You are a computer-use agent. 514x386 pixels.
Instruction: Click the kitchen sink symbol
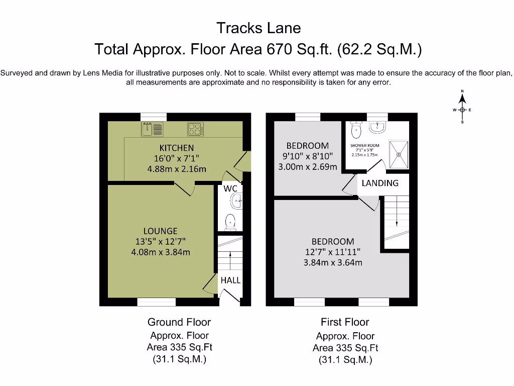pyautogui.click(x=152, y=129)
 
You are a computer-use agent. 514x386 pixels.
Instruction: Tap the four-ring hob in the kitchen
pyautogui.click(x=195, y=129)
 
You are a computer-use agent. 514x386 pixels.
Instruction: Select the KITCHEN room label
pyautogui.click(x=177, y=148)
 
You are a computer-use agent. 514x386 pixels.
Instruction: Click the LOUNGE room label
pyautogui.click(x=160, y=231)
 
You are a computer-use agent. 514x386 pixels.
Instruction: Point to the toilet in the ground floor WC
pyautogui.click(x=230, y=222)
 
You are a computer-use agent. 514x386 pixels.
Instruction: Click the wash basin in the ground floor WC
pyautogui.click(x=237, y=201)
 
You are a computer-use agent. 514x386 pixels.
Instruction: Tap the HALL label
pyautogui.click(x=230, y=280)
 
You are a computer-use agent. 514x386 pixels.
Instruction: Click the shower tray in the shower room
pyautogui.click(x=399, y=154)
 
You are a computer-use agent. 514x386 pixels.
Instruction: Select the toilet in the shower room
pyautogui.click(x=356, y=129)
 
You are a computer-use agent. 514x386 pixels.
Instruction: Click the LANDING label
pyautogui.click(x=380, y=183)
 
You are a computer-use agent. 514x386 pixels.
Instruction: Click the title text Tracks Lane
pyautogui.click(x=259, y=28)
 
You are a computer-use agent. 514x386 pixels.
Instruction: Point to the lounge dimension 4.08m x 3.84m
pyautogui.click(x=161, y=252)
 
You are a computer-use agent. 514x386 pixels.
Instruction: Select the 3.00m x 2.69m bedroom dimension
pyautogui.click(x=308, y=167)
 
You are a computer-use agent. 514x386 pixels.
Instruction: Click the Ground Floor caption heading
pyautogui.click(x=179, y=322)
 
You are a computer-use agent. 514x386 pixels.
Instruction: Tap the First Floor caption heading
pyautogui.click(x=345, y=322)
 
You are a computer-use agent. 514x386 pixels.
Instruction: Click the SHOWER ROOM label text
pyautogui.click(x=364, y=145)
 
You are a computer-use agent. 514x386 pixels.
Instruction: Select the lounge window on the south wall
pyautogui.click(x=157, y=302)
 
